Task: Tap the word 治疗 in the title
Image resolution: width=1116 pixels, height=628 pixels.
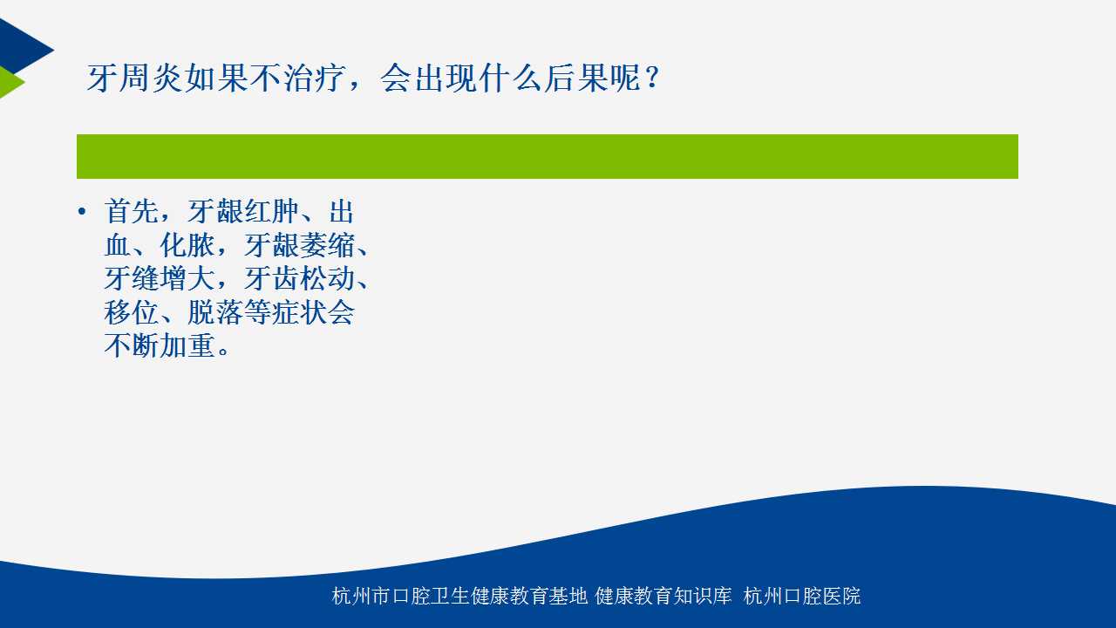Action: (x=315, y=78)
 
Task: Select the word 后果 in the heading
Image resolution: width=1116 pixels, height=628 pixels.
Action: (x=576, y=78)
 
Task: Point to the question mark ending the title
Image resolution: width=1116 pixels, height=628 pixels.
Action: (x=652, y=78)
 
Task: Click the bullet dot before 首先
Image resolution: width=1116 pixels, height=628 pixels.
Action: (x=82, y=211)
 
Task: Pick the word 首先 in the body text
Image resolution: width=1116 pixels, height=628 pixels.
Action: (x=132, y=211)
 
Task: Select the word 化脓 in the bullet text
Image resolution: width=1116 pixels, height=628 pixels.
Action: (x=187, y=245)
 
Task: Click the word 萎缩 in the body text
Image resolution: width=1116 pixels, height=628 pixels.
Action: (x=327, y=245)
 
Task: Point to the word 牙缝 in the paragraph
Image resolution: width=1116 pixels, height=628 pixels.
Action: (x=132, y=278)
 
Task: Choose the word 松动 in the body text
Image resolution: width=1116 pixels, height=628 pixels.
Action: (x=327, y=278)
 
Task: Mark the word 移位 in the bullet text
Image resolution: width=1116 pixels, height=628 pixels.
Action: (x=132, y=312)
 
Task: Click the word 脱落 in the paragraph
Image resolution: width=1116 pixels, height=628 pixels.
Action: (x=215, y=312)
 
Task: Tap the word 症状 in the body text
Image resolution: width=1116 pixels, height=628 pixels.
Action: (x=299, y=312)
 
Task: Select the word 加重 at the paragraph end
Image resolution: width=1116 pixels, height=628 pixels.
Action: (x=187, y=345)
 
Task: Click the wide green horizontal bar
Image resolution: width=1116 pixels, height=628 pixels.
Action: (x=548, y=156)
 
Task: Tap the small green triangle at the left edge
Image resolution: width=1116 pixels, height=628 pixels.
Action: (x=10, y=82)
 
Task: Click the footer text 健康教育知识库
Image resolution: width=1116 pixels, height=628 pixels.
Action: (x=663, y=596)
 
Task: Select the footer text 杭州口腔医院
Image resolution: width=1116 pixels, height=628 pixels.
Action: (x=802, y=596)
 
